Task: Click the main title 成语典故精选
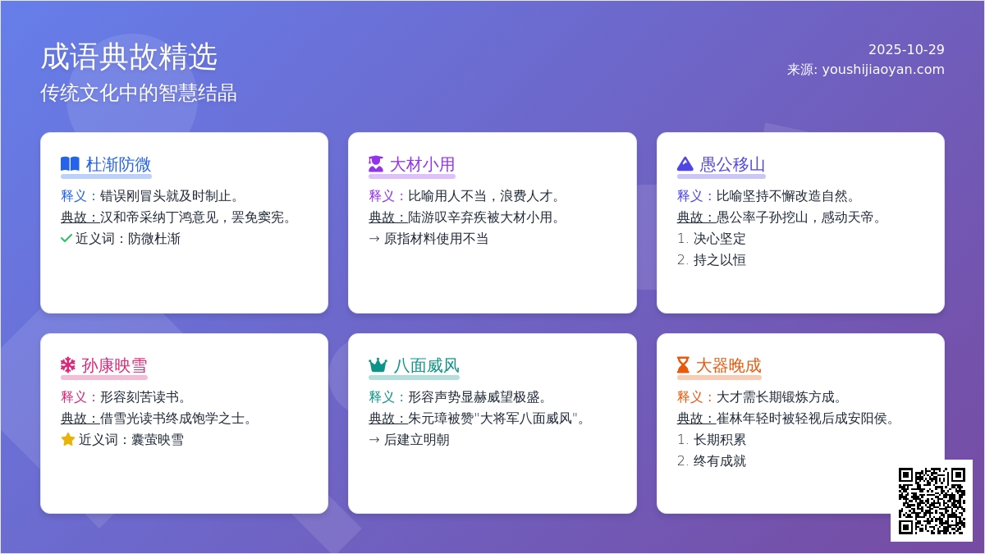click(x=129, y=57)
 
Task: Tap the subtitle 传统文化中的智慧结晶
click(x=139, y=93)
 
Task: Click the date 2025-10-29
click(x=906, y=49)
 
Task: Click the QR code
click(x=931, y=500)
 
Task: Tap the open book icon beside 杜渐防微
click(x=70, y=164)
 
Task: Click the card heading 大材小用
click(x=421, y=164)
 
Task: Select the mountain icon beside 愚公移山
click(x=685, y=164)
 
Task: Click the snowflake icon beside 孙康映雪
click(x=67, y=365)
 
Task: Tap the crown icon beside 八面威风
click(x=378, y=365)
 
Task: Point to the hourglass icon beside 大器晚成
click(x=683, y=365)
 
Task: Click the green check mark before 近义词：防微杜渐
click(x=66, y=239)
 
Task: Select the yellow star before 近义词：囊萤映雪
click(x=67, y=440)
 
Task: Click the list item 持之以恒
click(x=719, y=260)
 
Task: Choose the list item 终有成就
click(x=719, y=461)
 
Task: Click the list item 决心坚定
click(x=719, y=239)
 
